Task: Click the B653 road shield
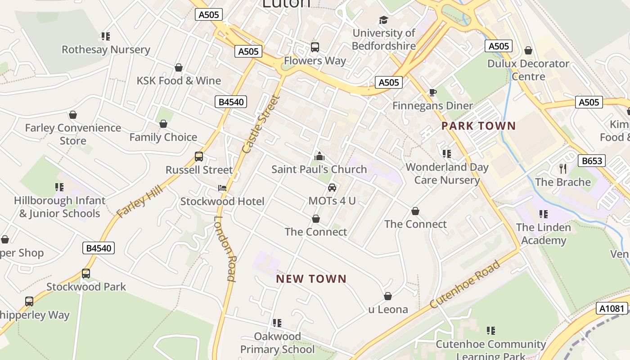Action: pyautogui.click(x=591, y=161)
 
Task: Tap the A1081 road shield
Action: pyautogui.click(x=612, y=308)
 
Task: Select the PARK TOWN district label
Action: pyautogui.click(x=478, y=126)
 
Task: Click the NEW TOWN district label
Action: pyautogui.click(x=311, y=279)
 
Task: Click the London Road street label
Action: pyautogui.click(x=225, y=248)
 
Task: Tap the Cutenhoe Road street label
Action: pyautogui.click(x=465, y=284)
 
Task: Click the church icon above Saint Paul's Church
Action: pyautogui.click(x=319, y=156)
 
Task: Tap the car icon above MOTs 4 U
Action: pyautogui.click(x=332, y=187)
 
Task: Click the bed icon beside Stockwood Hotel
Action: pyautogui.click(x=222, y=188)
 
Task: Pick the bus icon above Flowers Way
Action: pyautogui.click(x=315, y=47)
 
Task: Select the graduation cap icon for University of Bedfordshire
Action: pyautogui.click(x=383, y=20)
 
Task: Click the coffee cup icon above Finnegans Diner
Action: pyautogui.click(x=432, y=92)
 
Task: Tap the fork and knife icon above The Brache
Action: pyautogui.click(x=563, y=169)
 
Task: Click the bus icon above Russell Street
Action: pyautogui.click(x=199, y=157)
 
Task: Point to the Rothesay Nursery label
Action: pyautogui.click(x=106, y=49)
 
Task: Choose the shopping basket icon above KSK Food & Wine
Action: pyautogui.click(x=179, y=67)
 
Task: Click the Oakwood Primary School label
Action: pyautogui.click(x=277, y=342)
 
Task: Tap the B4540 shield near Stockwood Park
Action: pyautogui.click(x=99, y=248)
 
